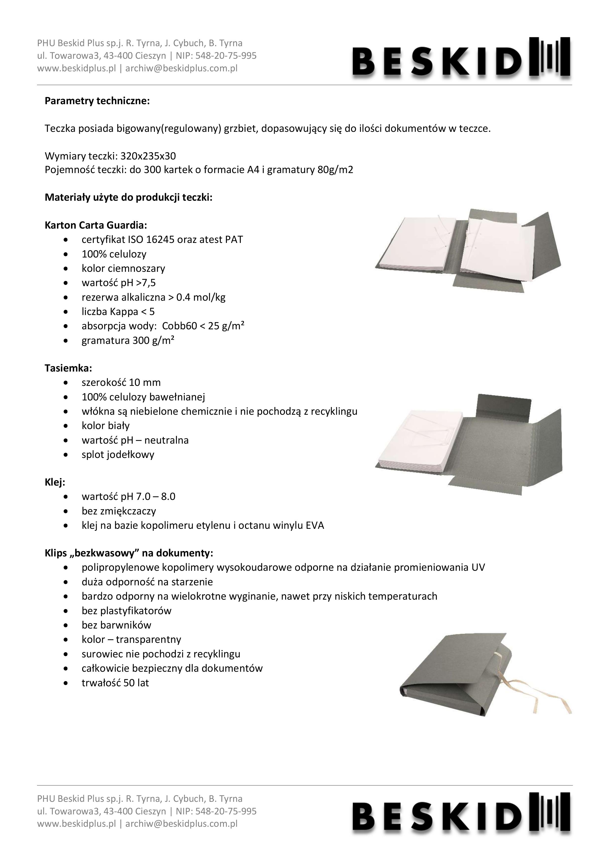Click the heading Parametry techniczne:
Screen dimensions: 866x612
(x=97, y=101)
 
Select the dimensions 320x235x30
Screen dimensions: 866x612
(x=148, y=156)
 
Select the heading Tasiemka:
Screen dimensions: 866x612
(x=68, y=368)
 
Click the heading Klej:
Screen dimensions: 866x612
(x=55, y=482)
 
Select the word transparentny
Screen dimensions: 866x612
(x=148, y=639)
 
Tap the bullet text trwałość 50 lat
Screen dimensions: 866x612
(x=115, y=683)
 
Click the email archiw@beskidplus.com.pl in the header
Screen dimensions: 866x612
(x=181, y=68)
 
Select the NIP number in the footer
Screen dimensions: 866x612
(x=226, y=811)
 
